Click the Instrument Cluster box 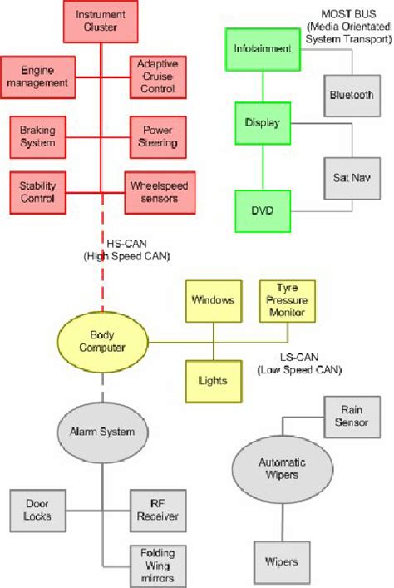[x=101, y=22]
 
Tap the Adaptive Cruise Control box [x=157, y=77]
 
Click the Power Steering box [x=157, y=136]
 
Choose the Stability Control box [x=37, y=192]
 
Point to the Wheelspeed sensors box [x=157, y=192]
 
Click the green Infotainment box [x=262, y=48]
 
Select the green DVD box [x=262, y=211]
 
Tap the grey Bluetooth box [x=351, y=95]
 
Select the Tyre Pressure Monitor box [x=286, y=300]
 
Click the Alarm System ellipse [x=101, y=432]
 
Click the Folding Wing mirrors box [x=157, y=566]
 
